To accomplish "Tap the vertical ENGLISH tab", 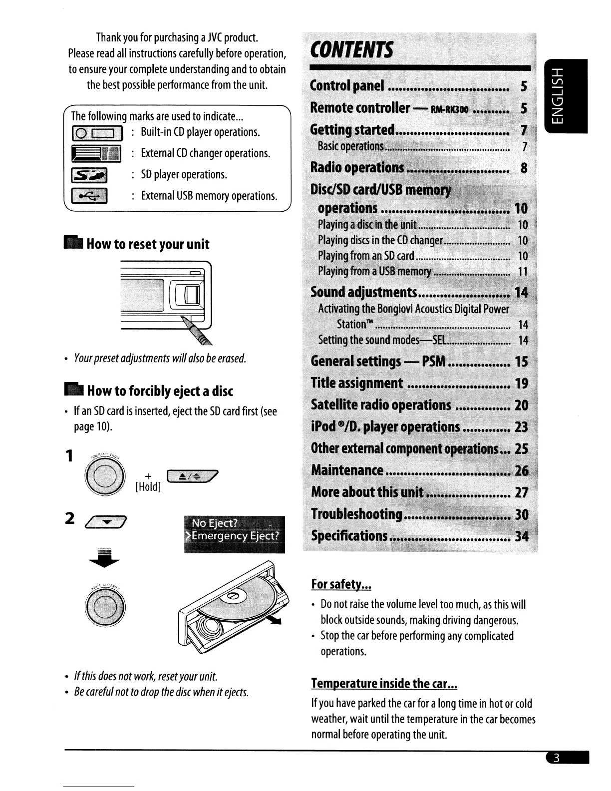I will click(567, 95).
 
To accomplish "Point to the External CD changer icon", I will click(96, 154).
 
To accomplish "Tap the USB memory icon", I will click(90, 196).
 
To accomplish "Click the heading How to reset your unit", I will click(148, 244).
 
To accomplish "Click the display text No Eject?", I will click(215, 523).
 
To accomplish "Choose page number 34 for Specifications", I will click(521, 536).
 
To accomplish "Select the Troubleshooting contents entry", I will click(357, 514).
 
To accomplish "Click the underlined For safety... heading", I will click(341, 584).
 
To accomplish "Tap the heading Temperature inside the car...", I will click(384, 683).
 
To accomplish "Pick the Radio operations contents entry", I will click(357, 168).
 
